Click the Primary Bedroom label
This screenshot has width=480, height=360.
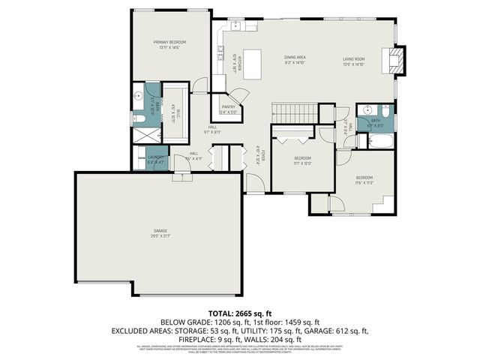169,42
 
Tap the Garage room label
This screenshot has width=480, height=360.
160,230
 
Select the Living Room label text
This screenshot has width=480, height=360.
354,58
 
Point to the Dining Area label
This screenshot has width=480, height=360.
294,58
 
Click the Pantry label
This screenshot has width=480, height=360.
228,107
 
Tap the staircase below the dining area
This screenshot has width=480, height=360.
286,113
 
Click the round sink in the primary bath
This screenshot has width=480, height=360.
139,96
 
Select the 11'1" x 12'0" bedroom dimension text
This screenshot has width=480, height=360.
302,163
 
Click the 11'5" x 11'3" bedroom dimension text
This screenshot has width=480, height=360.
364,182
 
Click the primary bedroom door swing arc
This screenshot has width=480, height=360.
199,84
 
